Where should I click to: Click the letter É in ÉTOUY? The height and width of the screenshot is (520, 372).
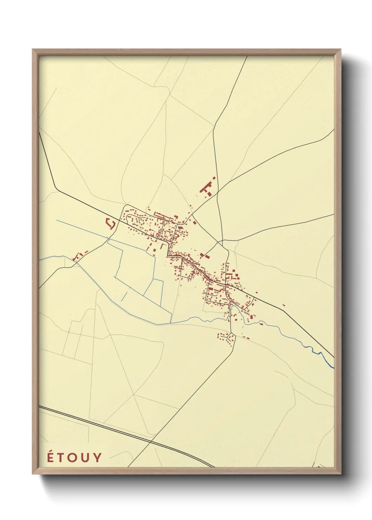coord(51,457)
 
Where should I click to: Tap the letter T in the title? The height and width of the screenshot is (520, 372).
coord(64,458)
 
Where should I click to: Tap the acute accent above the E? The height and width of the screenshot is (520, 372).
coord(51,451)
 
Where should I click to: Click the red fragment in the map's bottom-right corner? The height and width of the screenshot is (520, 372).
coord(319,466)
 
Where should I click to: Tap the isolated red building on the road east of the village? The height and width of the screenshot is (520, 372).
coord(283,305)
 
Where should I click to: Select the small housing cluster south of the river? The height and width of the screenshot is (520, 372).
coord(226,338)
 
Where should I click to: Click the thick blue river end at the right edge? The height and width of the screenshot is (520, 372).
coord(332,366)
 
